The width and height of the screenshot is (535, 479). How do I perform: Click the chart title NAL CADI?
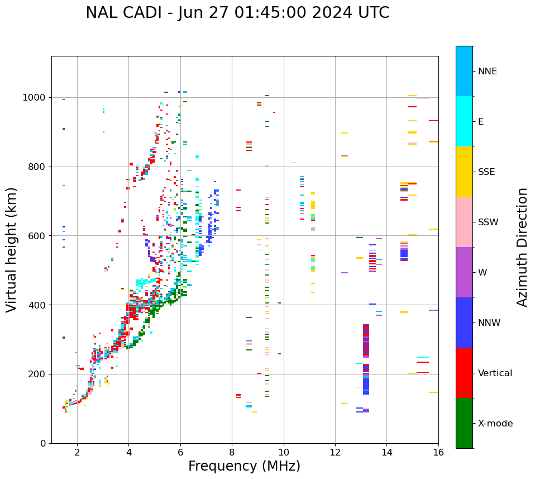237,13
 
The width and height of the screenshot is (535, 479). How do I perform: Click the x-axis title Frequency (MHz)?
244,466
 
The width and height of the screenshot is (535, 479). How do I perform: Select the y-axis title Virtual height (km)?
12,249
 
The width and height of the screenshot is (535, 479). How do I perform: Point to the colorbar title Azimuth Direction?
522,247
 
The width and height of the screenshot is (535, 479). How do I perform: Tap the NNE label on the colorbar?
487,72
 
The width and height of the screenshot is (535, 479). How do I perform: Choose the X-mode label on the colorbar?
495,424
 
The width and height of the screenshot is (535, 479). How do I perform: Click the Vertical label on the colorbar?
495,373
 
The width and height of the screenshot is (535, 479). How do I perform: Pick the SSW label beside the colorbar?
488,222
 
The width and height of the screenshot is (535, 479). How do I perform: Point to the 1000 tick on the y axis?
35,97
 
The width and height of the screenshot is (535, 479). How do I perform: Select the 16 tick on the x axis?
438,452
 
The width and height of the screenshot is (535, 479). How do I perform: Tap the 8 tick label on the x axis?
232,452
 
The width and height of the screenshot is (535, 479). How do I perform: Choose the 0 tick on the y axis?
44,443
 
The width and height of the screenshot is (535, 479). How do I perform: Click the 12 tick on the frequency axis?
335,452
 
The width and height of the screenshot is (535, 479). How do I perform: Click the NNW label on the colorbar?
489,323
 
